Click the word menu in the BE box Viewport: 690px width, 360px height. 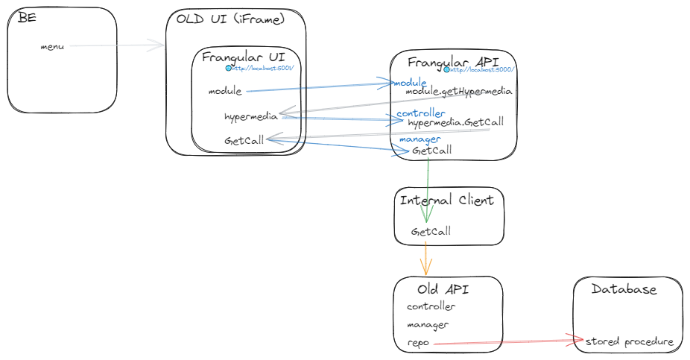pos(52,47)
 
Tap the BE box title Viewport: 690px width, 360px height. pos(27,18)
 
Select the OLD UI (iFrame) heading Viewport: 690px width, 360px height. pos(230,19)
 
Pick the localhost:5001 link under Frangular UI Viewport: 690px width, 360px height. pos(262,69)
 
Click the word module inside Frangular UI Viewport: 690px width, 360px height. pos(225,92)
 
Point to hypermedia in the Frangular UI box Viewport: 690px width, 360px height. pos(250,117)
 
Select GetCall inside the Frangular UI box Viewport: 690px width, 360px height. pos(244,141)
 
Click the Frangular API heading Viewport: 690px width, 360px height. pos(453,62)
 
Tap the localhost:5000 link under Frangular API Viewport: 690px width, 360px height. pos(481,70)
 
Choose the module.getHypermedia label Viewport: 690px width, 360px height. pos(458,92)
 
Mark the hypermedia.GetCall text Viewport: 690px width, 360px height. pos(455,122)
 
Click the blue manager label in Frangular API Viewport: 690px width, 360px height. pos(420,139)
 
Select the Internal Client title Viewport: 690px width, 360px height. pos(446,200)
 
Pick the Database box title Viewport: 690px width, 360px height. pos(624,289)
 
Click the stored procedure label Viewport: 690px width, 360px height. pos(630,342)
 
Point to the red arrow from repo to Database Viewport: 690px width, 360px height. pos(507,342)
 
